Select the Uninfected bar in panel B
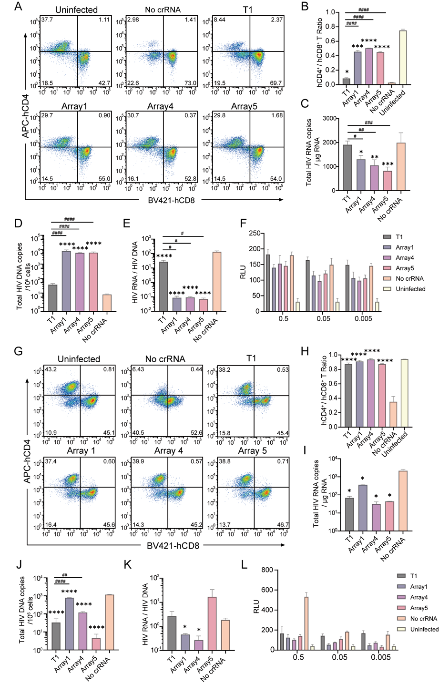[403, 57]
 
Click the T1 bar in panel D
[52, 297]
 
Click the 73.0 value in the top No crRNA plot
[190, 83]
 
